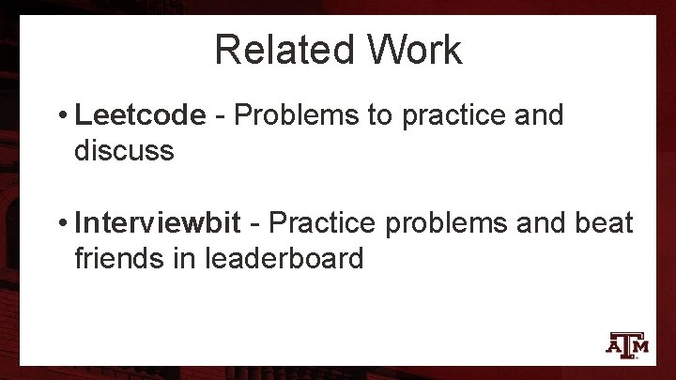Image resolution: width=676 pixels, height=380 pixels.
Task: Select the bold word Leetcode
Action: click(140, 115)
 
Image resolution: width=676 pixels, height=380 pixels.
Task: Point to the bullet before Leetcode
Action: click(60, 116)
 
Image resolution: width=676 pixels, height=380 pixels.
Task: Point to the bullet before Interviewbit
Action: click(60, 225)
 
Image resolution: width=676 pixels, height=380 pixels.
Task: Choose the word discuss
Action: click(124, 150)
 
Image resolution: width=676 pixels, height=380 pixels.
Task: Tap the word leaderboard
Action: click(287, 258)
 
